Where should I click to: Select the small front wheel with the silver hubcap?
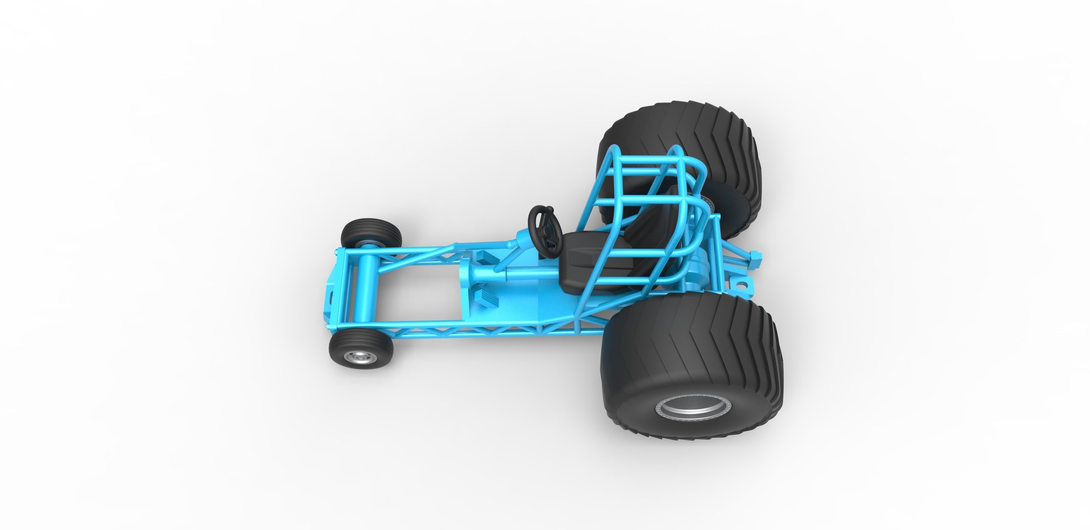click(x=361, y=350)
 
